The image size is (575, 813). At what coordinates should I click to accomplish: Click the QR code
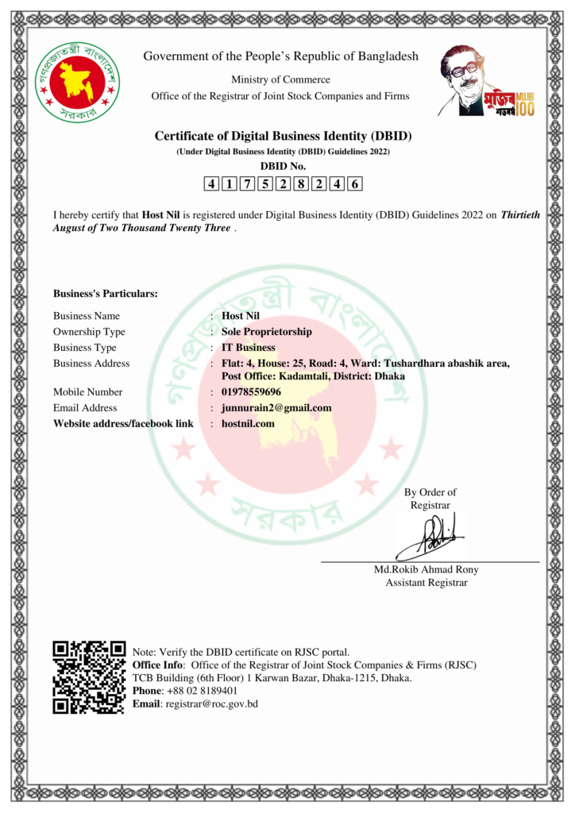pyautogui.click(x=89, y=677)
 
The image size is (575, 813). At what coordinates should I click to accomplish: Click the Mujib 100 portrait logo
pyautogui.click(x=486, y=81)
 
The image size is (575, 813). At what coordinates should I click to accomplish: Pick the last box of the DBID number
pyautogui.click(x=355, y=184)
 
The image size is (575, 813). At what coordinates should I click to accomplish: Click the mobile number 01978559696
pyautogui.click(x=251, y=391)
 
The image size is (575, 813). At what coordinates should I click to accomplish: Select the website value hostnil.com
pyautogui.click(x=248, y=423)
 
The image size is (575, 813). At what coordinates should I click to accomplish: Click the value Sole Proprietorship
pyautogui.click(x=267, y=331)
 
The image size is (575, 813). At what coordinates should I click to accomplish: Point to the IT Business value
pyautogui.click(x=249, y=347)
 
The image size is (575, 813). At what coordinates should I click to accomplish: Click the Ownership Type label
pyautogui.click(x=89, y=331)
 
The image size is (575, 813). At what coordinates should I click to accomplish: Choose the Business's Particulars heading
pyautogui.click(x=106, y=294)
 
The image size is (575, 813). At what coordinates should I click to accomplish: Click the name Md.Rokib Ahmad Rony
pyautogui.click(x=426, y=569)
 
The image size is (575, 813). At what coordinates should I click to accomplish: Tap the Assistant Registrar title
pyautogui.click(x=426, y=583)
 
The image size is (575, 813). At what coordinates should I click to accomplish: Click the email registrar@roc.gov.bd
pyautogui.click(x=211, y=704)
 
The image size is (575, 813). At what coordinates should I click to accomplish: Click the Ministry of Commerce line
pyautogui.click(x=280, y=79)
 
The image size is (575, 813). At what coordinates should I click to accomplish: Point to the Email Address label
pyautogui.click(x=85, y=407)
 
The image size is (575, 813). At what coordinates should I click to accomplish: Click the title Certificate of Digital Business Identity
pyautogui.click(x=283, y=136)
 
